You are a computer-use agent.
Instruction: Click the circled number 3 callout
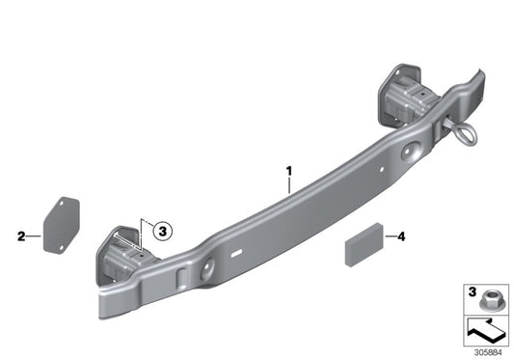click(162, 231)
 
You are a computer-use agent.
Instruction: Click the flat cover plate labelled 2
click(61, 226)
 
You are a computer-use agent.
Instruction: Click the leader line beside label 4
click(391, 235)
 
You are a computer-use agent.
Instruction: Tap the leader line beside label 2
click(34, 235)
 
